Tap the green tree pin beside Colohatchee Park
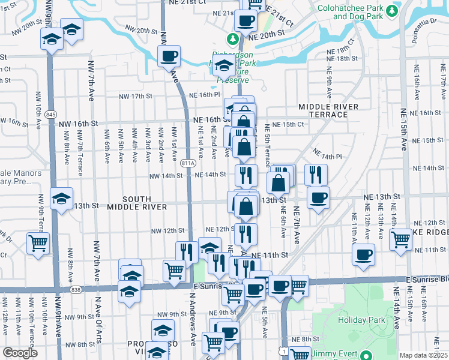393,10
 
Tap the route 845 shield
51,115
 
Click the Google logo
20,353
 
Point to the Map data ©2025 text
424,355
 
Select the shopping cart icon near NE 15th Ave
400,239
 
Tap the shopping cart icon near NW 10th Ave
38,244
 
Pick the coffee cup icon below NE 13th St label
318,197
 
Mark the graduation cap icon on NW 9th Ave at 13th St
61,198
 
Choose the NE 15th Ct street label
288,124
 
